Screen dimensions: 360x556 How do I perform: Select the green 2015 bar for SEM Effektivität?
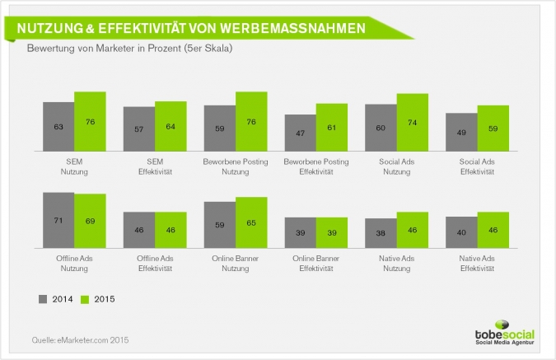(x=171, y=127)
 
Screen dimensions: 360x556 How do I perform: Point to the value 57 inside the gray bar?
(x=139, y=129)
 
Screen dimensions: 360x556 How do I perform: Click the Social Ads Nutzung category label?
(x=396, y=166)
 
